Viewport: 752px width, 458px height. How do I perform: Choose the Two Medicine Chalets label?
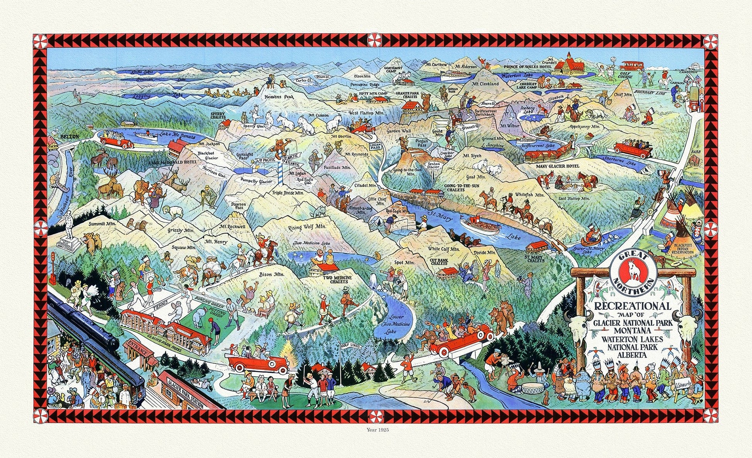coord(327,279)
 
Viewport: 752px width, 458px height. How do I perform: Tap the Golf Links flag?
coord(349,346)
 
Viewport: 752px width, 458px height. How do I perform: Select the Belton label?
coord(70,136)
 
